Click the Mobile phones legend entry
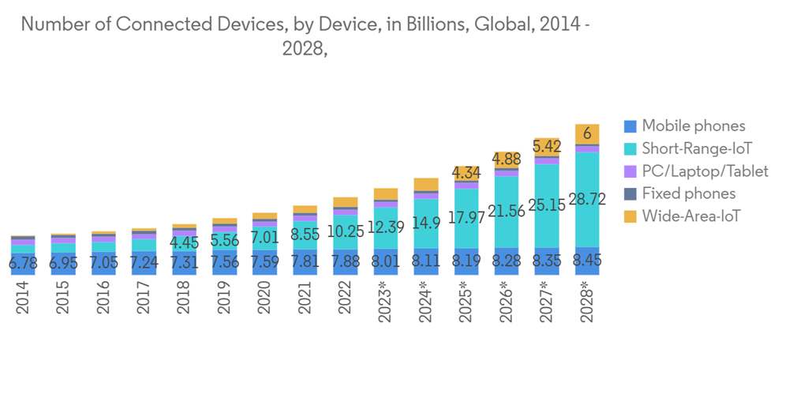pos(693,126)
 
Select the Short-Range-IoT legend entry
pos(697,148)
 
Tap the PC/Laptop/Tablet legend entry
pos(705,171)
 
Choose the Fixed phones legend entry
pos(688,193)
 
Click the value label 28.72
pos(587,200)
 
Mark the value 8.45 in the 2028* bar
pos(587,261)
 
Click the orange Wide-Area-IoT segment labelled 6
pos(587,134)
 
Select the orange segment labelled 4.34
pos(466,173)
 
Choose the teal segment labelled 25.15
pos(547,205)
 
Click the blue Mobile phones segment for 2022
pos(346,262)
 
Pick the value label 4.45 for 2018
pos(185,242)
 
